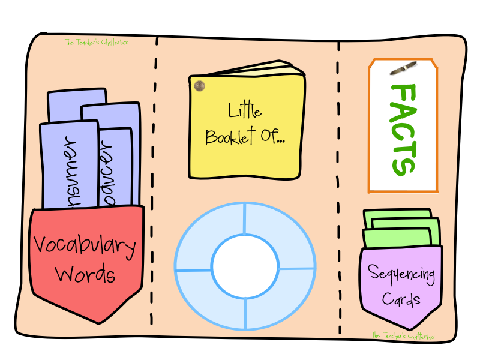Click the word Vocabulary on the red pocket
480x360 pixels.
tap(85, 245)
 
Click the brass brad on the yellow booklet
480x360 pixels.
tap(199, 86)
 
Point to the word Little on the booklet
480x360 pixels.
tap(245, 111)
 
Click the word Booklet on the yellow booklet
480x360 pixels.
tap(230, 137)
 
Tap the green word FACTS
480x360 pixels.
tap(402, 129)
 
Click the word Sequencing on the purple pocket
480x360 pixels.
tap(401, 275)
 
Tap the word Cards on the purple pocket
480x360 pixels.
tap(401, 299)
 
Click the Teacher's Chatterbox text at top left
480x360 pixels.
tap(96, 42)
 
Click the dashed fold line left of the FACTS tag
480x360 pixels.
tap(339, 180)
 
